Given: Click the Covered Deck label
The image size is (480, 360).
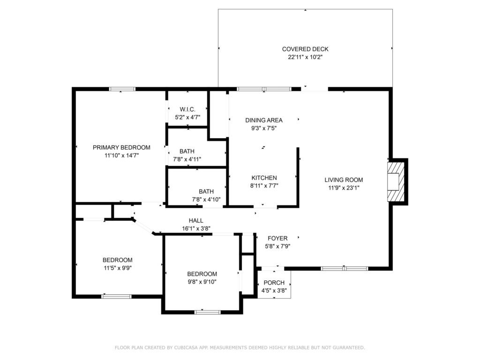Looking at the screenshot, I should [305, 49].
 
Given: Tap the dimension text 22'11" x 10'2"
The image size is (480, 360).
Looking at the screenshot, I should [305, 57].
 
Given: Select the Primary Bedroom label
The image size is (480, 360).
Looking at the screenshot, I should [121, 147].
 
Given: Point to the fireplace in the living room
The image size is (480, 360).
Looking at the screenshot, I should [395, 181].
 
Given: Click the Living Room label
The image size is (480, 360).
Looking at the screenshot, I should [344, 180].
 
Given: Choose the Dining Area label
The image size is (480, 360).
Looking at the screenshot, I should [264, 120].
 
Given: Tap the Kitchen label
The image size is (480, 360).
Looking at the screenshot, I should [264, 178].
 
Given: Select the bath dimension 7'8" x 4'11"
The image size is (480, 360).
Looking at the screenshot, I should [187, 159].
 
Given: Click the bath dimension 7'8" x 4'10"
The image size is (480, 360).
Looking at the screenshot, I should [206, 199].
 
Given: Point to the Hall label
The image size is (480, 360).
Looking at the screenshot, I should [196, 220].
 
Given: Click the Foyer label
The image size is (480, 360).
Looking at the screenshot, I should [277, 238].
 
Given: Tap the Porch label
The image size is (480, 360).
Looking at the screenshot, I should [274, 283].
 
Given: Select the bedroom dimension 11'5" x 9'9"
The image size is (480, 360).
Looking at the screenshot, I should [117, 268].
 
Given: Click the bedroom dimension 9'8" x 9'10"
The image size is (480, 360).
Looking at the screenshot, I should [202, 282].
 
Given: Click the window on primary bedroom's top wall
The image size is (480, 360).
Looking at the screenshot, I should [122, 89].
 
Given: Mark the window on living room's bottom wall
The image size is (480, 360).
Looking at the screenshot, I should [345, 269].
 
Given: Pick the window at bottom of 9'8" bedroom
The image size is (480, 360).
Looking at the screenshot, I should [207, 312].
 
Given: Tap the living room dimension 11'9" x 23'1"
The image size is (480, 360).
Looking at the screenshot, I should [344, 187].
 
